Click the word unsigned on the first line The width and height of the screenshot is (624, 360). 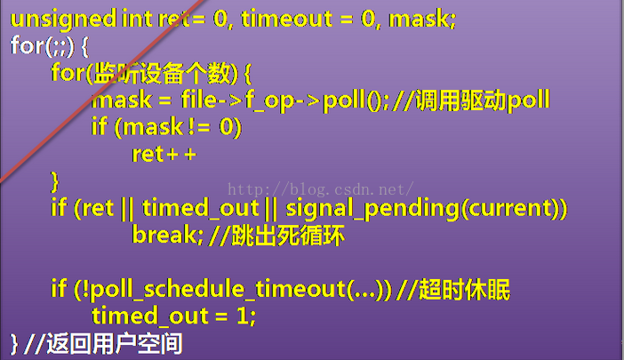pyautogui.click(x=63, y=20)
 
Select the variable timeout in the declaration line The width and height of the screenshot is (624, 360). pyautogui.click(x=286, y=19)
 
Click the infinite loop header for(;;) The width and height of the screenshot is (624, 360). pyautogui.click(x=42, y=46)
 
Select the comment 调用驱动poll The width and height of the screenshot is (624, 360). pyautogui.click(x=483, y=100)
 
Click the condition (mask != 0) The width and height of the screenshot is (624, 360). pyautogui.click(x=178, y=128)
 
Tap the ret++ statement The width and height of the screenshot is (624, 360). pyautogui.click(x=164, y=155)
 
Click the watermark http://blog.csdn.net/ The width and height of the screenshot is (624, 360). pyautogui.click(x=321, y=189)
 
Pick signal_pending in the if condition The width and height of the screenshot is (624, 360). pyautogui.click(x=372, y=208)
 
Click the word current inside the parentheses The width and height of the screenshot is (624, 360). pyautogui.click(x=511, y=208)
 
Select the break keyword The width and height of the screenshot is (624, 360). pyautogui.click(x=164, y=235)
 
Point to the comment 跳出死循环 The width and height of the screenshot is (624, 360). pyautogui.click(x=288, y=235)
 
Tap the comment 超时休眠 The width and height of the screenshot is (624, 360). pyautogui.click(x=464, y=289)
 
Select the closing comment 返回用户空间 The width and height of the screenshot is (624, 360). pyautogui.click(x=115, y=344)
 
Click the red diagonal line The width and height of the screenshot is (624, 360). pyautogui.click(x=102, y=91)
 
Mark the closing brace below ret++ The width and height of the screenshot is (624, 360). pyautogui.click(x=54, y=182)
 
